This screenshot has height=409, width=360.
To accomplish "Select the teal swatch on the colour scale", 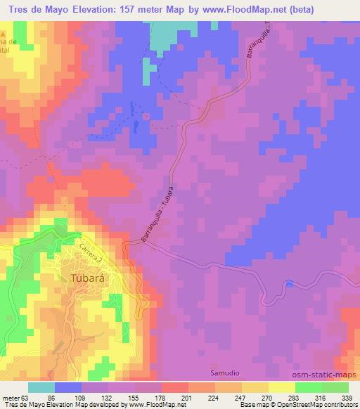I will pos(41,388).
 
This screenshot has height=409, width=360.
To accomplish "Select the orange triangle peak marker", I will pos(4,34).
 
